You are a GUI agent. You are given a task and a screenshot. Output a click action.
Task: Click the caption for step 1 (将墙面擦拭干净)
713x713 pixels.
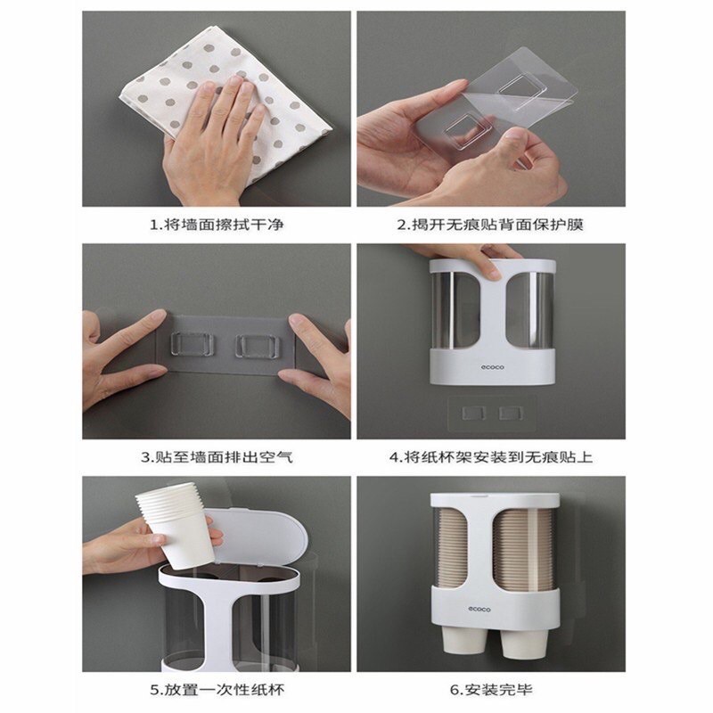click(217, 225)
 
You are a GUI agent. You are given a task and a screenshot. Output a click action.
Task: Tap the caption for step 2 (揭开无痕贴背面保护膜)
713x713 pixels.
click(490, 225)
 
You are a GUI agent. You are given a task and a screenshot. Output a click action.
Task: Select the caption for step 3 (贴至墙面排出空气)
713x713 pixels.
click(217, 457)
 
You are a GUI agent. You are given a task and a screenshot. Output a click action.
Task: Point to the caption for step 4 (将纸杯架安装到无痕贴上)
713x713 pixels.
click(491, 457)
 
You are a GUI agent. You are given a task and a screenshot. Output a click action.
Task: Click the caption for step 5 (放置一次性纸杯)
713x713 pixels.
click(217, 689)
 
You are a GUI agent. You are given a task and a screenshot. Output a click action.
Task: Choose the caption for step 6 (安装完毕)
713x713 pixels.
click(491, 689)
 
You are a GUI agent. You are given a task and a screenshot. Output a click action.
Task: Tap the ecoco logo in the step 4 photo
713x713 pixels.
click(493, 367)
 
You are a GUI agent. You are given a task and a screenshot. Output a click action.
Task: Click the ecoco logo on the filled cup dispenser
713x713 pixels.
click(479, 609)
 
